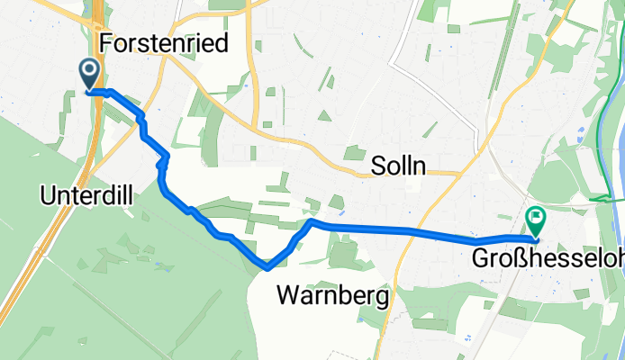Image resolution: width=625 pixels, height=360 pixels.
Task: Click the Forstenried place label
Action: point(164,42)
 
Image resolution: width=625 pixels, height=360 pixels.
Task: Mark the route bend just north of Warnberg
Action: point(310,220)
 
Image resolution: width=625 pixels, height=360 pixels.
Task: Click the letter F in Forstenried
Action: point(107,42)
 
